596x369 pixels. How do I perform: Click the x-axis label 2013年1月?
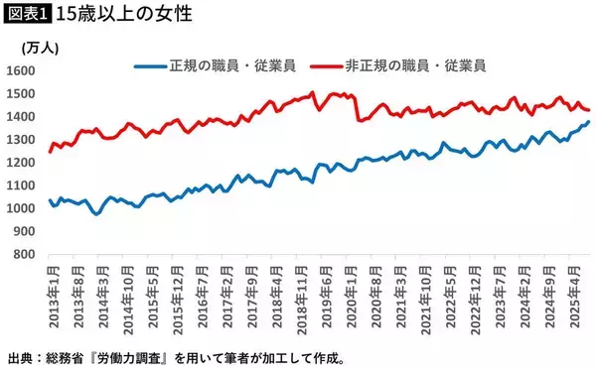[x=51, y=290]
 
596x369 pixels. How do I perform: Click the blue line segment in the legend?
[x=151, y=66]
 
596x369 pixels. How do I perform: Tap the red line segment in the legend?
[x=328, y=66]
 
